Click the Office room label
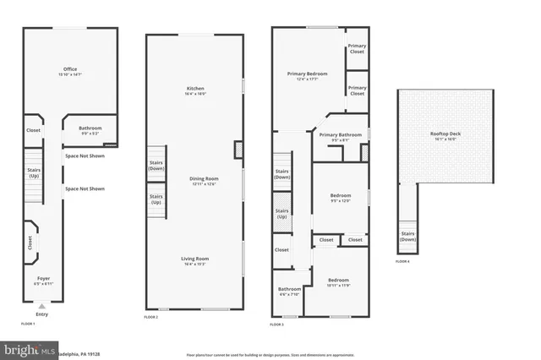pos(70,69)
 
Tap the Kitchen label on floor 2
pos(195,89)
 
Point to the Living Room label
pos(195,259)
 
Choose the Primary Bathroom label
pos(340,134)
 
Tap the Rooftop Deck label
pos(445,134)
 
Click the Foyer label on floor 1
pos(43,278)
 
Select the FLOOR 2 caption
pos(151,317)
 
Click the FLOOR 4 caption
pos(402,261)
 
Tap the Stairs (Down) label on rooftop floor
pos(407,236)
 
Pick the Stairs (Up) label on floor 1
pos(34,173)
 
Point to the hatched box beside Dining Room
pos(238,150)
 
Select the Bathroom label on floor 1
pos(90,128)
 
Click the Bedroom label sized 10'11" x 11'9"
pos(338,280)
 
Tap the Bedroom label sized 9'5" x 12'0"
pos(341,196)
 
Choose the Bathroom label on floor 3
pos(290,289)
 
